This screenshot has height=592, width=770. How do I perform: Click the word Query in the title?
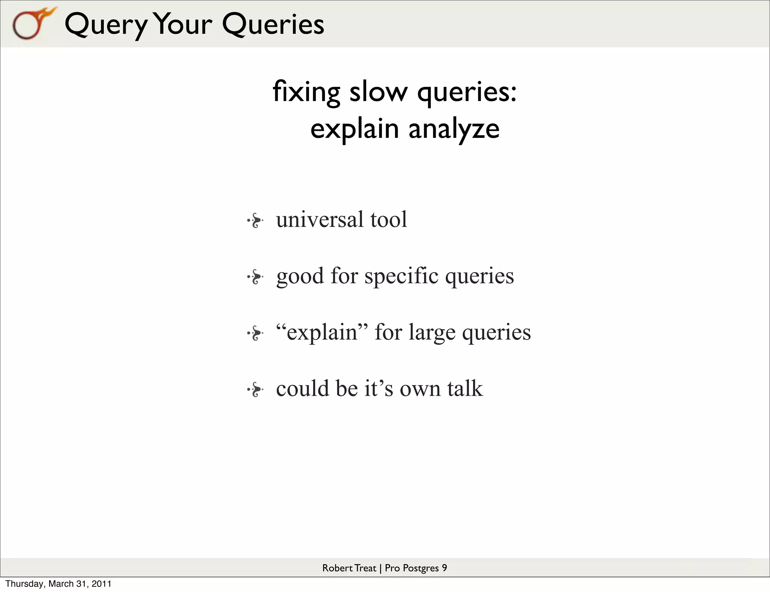click(x=106, y=25)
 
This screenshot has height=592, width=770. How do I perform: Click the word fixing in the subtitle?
click(x=306, y=92)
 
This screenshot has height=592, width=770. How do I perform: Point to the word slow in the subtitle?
click(x=378, y=92)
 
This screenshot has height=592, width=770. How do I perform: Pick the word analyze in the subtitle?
click(x=454, y=129)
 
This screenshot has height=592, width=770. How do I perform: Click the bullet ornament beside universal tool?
click(x=255, y=220)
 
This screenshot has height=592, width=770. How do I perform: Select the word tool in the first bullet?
click(x=388, y=219)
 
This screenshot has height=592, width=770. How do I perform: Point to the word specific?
click(x=401, y=276)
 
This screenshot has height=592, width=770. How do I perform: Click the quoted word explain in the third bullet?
click(x=322, y=332)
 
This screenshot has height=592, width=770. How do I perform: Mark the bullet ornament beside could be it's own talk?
click(x=255, y=390)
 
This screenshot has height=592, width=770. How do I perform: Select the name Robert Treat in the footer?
click(x=349, y=568)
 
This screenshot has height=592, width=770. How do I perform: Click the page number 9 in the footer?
click(x=444, y=568)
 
